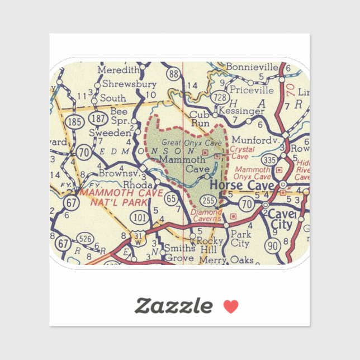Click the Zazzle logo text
pyautogui.click(x=173, y=306)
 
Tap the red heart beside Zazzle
pyautogui.click(x=231, y=306)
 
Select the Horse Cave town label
pyautogui.click(x=242, y=185)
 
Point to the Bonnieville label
pyautogui.click(x=252, y=68)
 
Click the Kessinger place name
pyautogui.click(x=244, y=111)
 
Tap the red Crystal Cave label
pyautogui.click(x=243, y=153)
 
